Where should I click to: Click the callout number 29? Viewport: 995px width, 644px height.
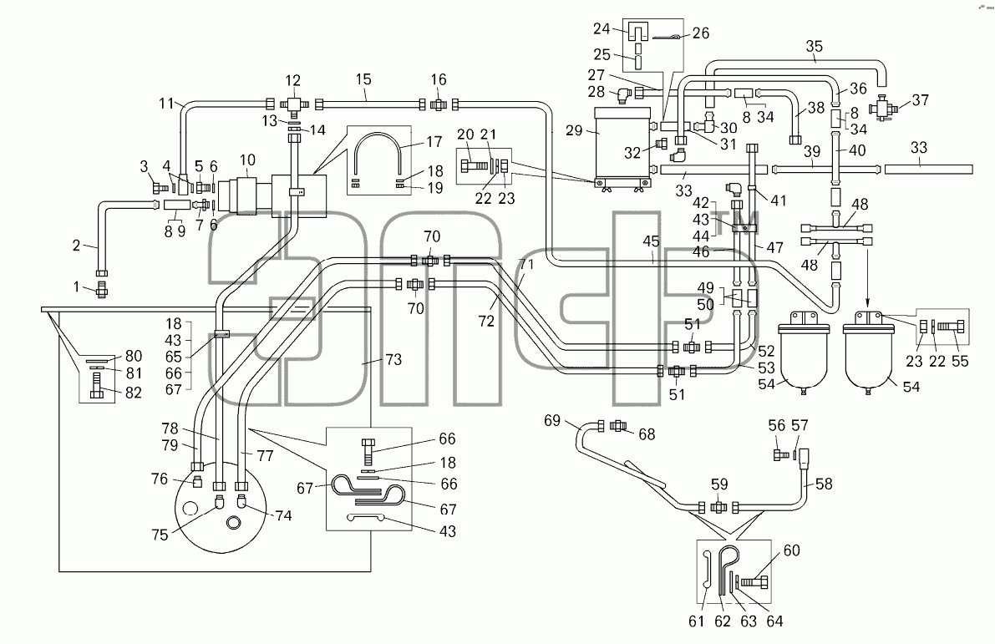coord(574,130)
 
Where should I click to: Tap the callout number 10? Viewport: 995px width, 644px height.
coord(247,160)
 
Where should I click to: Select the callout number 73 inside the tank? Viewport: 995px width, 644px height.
coord(393,359)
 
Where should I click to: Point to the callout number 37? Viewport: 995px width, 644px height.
coord(920,99)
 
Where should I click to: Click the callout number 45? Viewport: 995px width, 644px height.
coord(651,241)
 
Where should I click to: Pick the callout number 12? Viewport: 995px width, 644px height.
coord(292,80)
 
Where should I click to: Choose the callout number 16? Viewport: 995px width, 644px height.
coord(439,79)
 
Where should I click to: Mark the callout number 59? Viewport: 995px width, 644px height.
coord(719,484)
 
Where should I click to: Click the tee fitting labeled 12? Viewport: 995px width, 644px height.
coord(293,104)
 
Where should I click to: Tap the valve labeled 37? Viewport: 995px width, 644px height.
coord(882,107)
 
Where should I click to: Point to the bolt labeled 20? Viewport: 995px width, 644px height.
coord(475,165)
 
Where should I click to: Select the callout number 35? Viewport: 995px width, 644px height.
coord(815,46)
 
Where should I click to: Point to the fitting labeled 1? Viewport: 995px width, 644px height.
coord(101,290)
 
